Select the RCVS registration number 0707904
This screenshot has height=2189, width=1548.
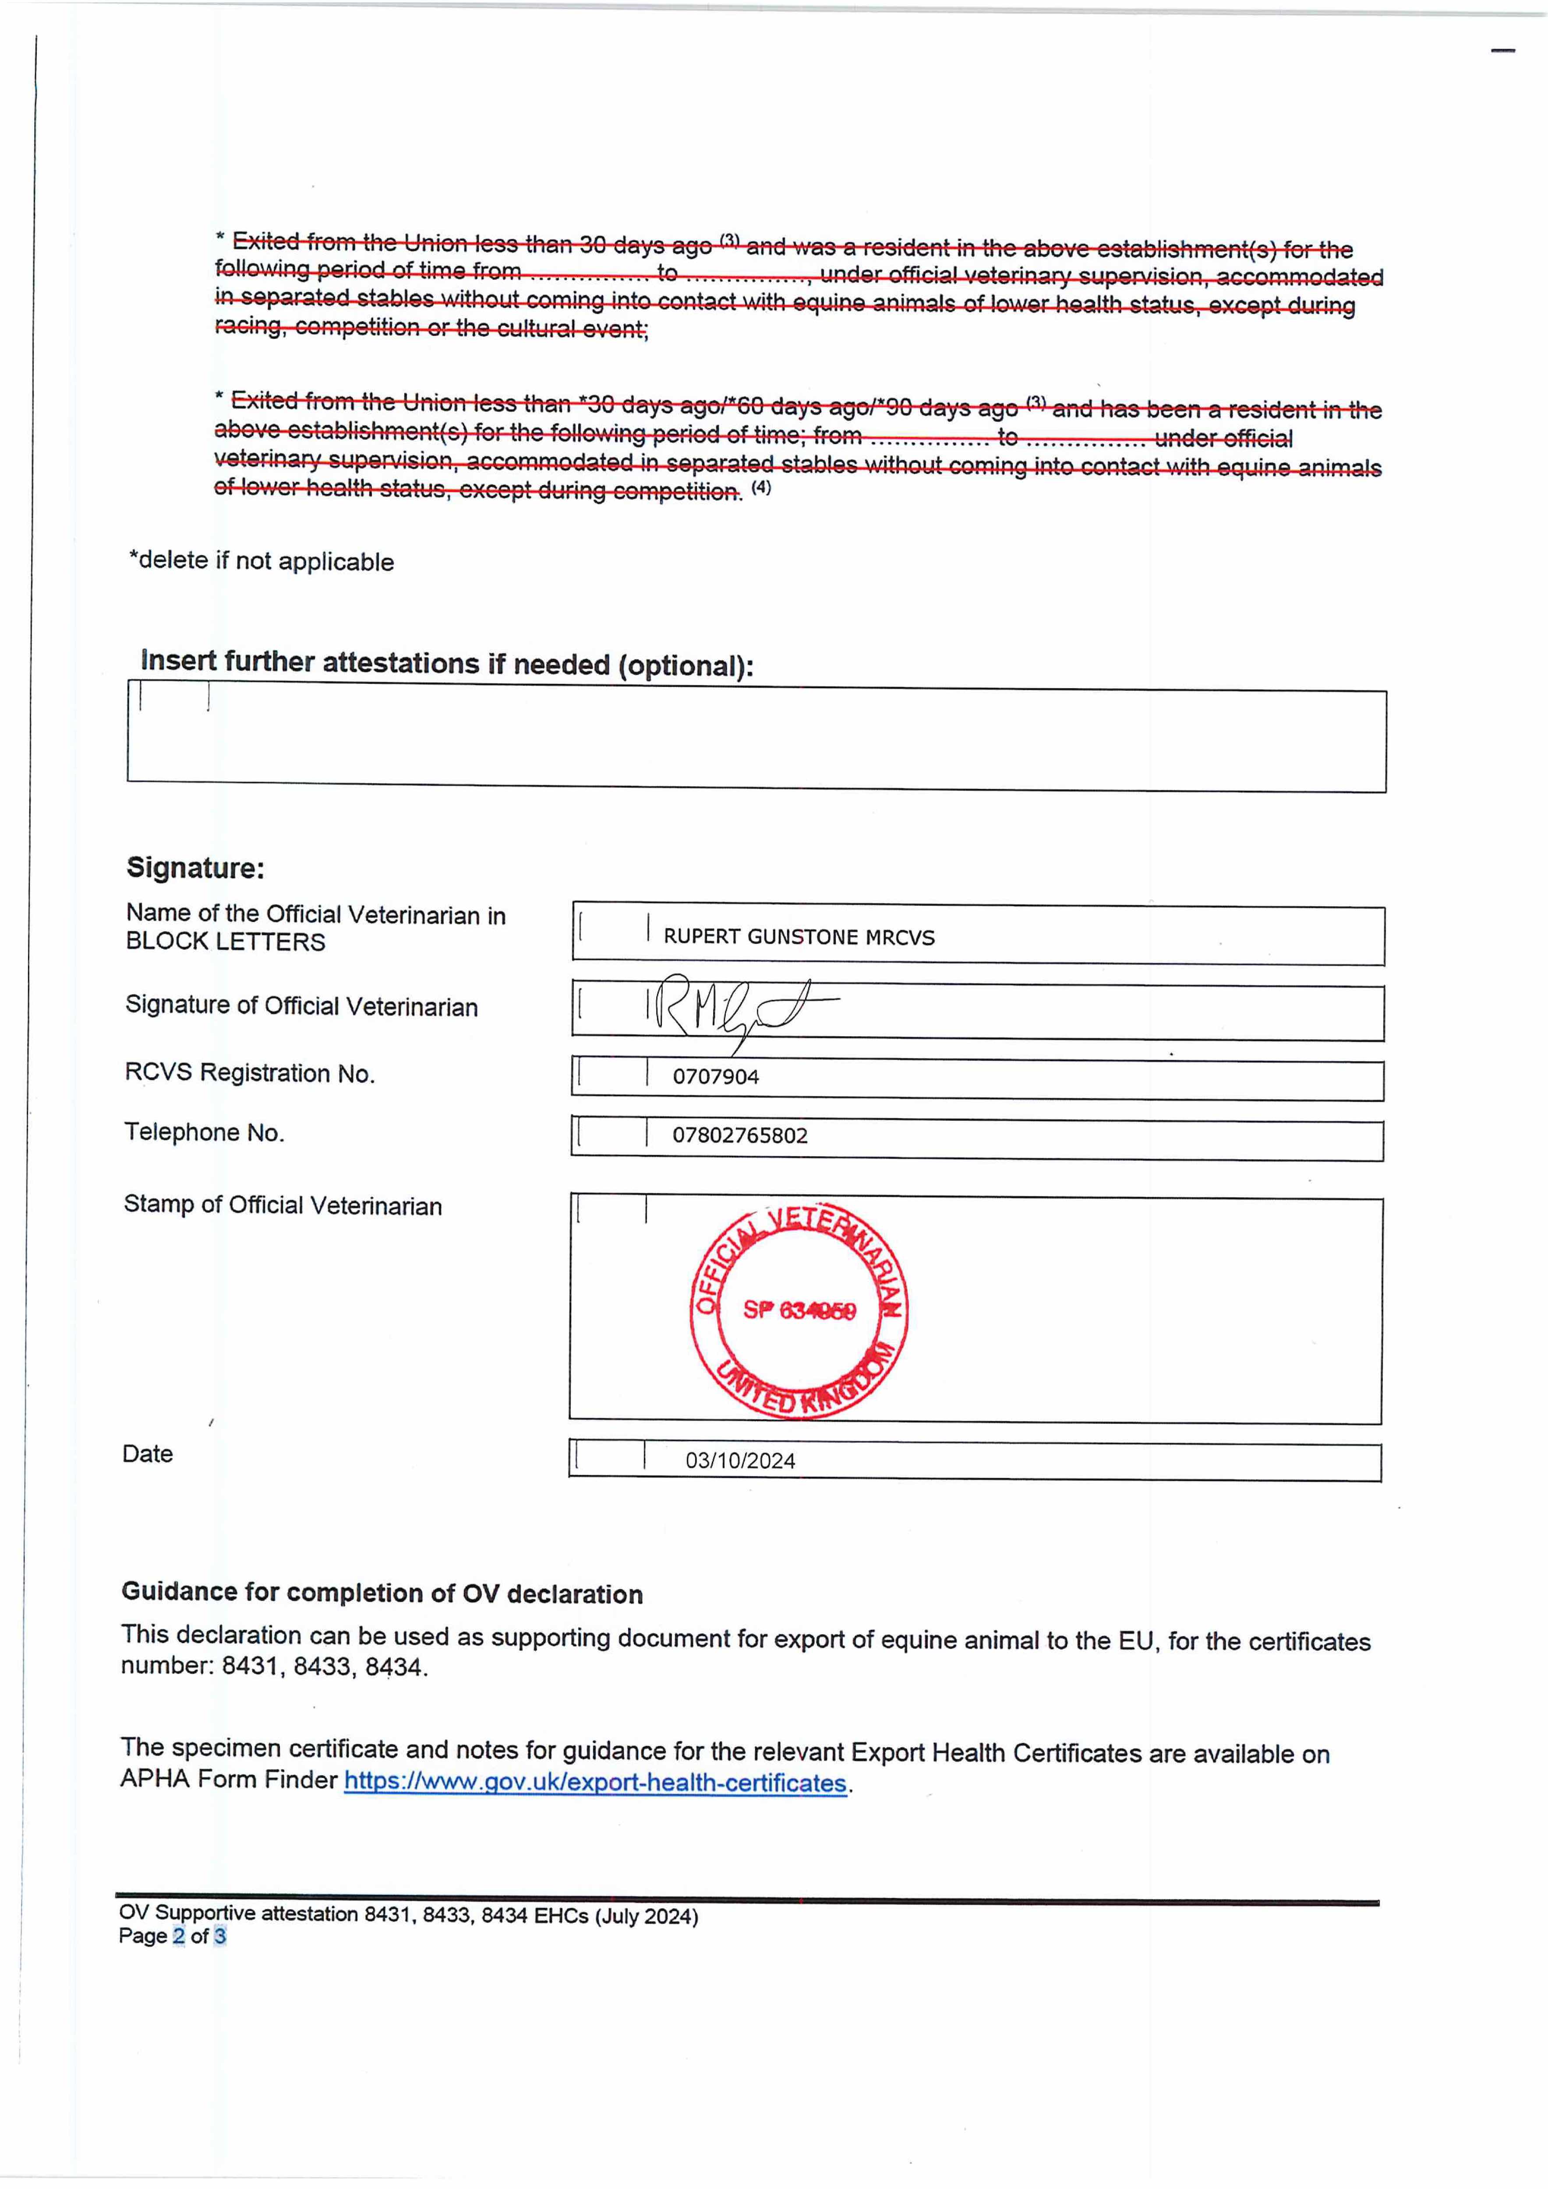tap(715, 1077)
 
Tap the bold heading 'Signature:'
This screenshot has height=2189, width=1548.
tap(195, 868)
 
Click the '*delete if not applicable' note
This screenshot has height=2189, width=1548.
tap(262, 560)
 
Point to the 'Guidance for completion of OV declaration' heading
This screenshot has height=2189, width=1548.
tap(382, 1593)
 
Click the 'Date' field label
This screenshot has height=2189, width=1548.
tap(148, 1454)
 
